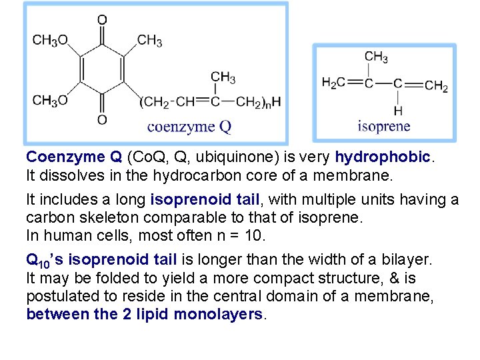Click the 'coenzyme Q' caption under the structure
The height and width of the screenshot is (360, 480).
point(189,127)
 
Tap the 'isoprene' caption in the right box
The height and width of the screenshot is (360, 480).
point(384,127)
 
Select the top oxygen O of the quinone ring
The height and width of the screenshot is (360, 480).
point(102,20)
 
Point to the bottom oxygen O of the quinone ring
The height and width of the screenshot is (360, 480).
point(102,120)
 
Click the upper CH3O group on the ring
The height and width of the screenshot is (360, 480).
point(50,41)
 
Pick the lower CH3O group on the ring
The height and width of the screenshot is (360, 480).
point(50,101)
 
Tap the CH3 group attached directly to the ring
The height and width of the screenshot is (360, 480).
point(150,41)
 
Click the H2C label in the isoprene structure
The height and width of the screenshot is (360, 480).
point(333,83)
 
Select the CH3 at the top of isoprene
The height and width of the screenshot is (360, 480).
point(377,57)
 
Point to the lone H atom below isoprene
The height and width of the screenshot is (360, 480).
point(398,111)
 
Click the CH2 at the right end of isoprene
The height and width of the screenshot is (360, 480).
point(436,85)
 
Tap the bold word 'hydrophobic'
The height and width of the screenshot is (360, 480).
point(382,157)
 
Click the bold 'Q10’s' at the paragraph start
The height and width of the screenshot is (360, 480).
point(43,260)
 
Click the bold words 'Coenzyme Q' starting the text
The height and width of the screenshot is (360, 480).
point(73,157)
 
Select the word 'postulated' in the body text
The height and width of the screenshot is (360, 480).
point(59,296)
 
